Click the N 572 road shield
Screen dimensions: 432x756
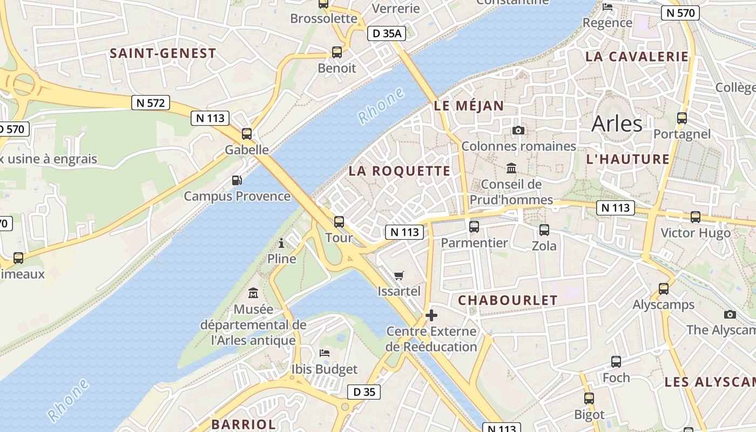[x=151, y=103]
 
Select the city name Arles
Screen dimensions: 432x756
[x=617, y=124]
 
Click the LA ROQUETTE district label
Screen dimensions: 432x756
[x=399, y=171]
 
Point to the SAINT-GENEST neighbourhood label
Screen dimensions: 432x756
[x=163, y=53]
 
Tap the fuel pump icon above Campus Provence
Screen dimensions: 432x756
[x=237, y=180]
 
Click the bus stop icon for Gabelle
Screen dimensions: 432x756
[x=247, y=133]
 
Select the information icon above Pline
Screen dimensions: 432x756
[x=281, y=244]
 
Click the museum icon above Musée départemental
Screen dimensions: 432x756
[x=253, y=293]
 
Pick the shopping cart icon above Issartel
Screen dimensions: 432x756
[x=399, y=276]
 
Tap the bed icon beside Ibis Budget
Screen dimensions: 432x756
[x=325, y=353]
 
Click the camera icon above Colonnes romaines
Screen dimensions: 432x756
[x=518, y=130]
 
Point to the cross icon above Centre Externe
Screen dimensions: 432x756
[x=431, y=315]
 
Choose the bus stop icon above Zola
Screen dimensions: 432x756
[x=544, y=230]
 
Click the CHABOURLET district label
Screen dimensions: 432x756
[x=508, y=301]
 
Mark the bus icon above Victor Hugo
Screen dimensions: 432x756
[x=696, y=217]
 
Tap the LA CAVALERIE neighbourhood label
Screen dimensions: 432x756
[x=637, y=57]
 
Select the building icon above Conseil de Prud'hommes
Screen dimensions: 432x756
[x=511, y=168]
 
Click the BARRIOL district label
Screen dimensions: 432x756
[x=244, y=424]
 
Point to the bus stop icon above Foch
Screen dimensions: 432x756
[x=616, y=362]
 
